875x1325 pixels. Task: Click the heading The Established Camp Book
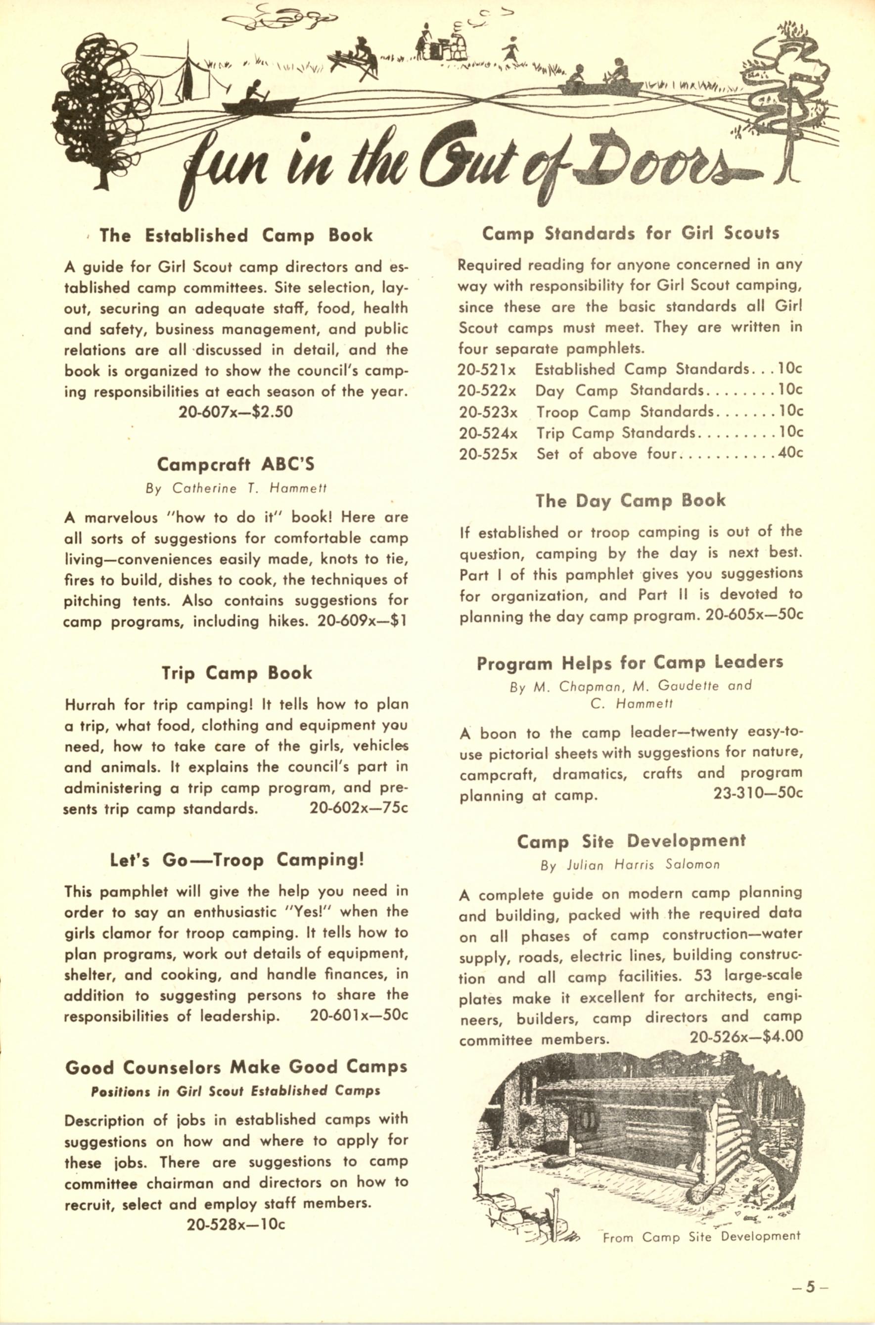[x=235, y=235]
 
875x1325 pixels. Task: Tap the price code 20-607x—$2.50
[x=235, y=412]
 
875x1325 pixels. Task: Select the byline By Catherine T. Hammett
[x=235, y=488]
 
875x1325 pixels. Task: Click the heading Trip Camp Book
[x=236, y=673]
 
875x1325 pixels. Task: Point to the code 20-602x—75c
[x=359, y=809]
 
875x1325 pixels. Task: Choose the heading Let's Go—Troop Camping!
[x=236, y=860]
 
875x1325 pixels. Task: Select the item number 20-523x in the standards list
[x=488, y=412]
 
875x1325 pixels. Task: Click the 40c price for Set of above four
[x=790, y=453]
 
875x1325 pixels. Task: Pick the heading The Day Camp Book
[x=630, y=500]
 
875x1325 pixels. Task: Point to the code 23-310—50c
[x=758, y=793]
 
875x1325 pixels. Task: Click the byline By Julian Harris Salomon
[x=630, y=865]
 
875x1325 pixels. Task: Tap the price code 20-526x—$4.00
[x=746, y=1037]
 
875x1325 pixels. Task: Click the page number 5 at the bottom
[x=810, y=1282]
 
